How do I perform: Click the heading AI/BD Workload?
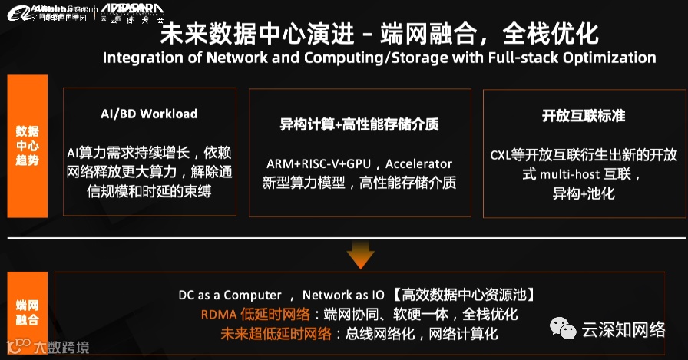coord(149,114)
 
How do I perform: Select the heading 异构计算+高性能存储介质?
coord(359,124)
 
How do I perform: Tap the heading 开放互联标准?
coord(584,115)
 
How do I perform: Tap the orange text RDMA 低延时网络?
coord(255,315)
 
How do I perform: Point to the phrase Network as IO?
coord(342,296)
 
